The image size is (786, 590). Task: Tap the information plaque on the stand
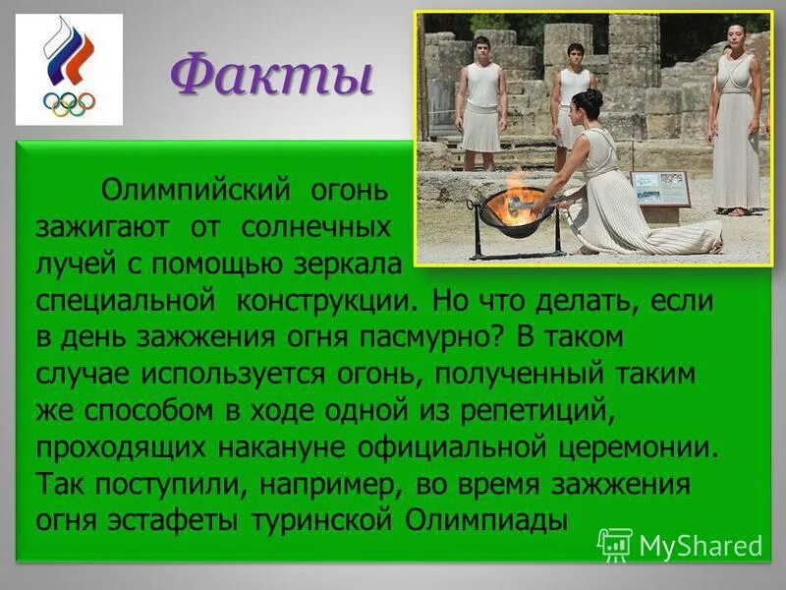pos(660,188)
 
